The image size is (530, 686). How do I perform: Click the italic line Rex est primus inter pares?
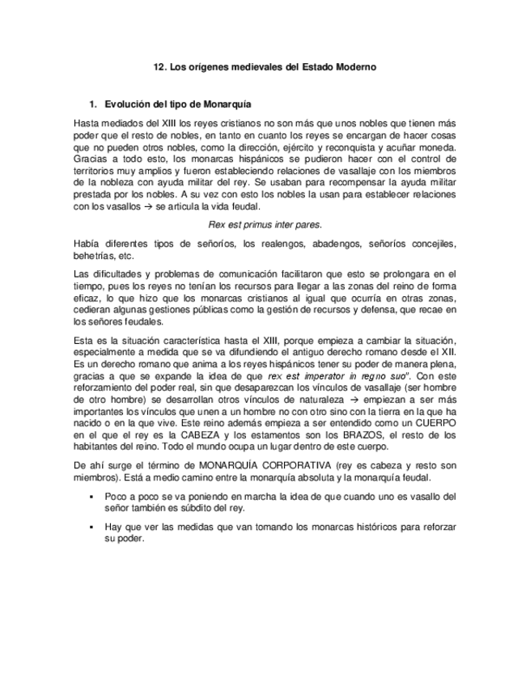tap(265, 224)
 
